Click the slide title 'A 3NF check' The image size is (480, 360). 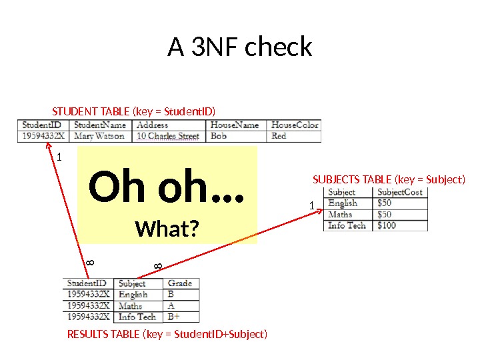(x=240, y=47)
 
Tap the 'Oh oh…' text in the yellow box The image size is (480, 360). (x=167, y=189)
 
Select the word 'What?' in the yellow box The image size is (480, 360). (x=167, y=229)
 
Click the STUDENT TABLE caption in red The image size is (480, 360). (x=134, y=111)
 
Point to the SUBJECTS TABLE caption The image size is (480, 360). (x=389, y=179)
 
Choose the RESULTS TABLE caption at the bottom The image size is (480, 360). (x=167, y=333)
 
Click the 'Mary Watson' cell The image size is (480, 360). (x=99, y=136)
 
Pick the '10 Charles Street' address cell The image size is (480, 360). (x=168, y=136)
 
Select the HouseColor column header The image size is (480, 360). (x=295, y=125)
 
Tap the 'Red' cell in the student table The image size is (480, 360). (x=279, y=136)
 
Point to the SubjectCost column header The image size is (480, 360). (x=399, y=192)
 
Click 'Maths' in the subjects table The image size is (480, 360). (x=340, y=214)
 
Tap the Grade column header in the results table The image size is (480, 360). (x=179, y=283)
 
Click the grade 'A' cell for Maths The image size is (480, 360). (x=171, y=305)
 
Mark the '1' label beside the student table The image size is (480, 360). (x=59, y=158)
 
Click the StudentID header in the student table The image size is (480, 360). (x=42, y=125)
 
